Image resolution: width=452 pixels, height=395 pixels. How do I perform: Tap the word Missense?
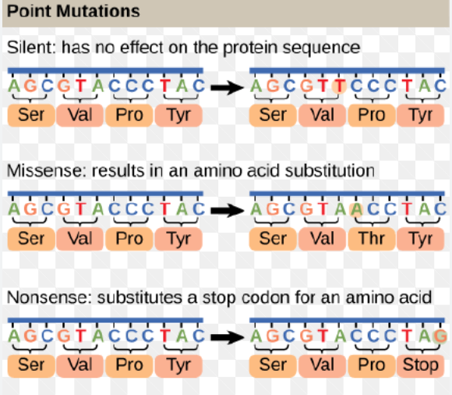click(x=39, y=169)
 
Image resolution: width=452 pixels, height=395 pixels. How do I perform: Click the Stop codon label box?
click(x=421, y=364)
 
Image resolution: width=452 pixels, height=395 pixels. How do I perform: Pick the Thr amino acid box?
click(x=372, y=237)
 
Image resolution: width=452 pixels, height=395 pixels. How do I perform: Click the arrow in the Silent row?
click(x=226, y=87)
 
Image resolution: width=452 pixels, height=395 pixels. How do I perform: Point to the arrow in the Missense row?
click(x=226, y=210)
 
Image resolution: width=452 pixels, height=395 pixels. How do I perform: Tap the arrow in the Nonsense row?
click(x=226, y=337)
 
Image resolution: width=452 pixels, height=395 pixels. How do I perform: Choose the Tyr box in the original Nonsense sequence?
click(x=178, y=364)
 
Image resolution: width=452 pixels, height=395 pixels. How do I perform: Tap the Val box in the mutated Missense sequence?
click(x=322, y=237)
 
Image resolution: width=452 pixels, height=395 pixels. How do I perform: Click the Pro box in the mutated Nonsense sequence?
click(x=372, y=364)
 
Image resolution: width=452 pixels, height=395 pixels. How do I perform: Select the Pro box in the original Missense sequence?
click(x=129, y=237)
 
